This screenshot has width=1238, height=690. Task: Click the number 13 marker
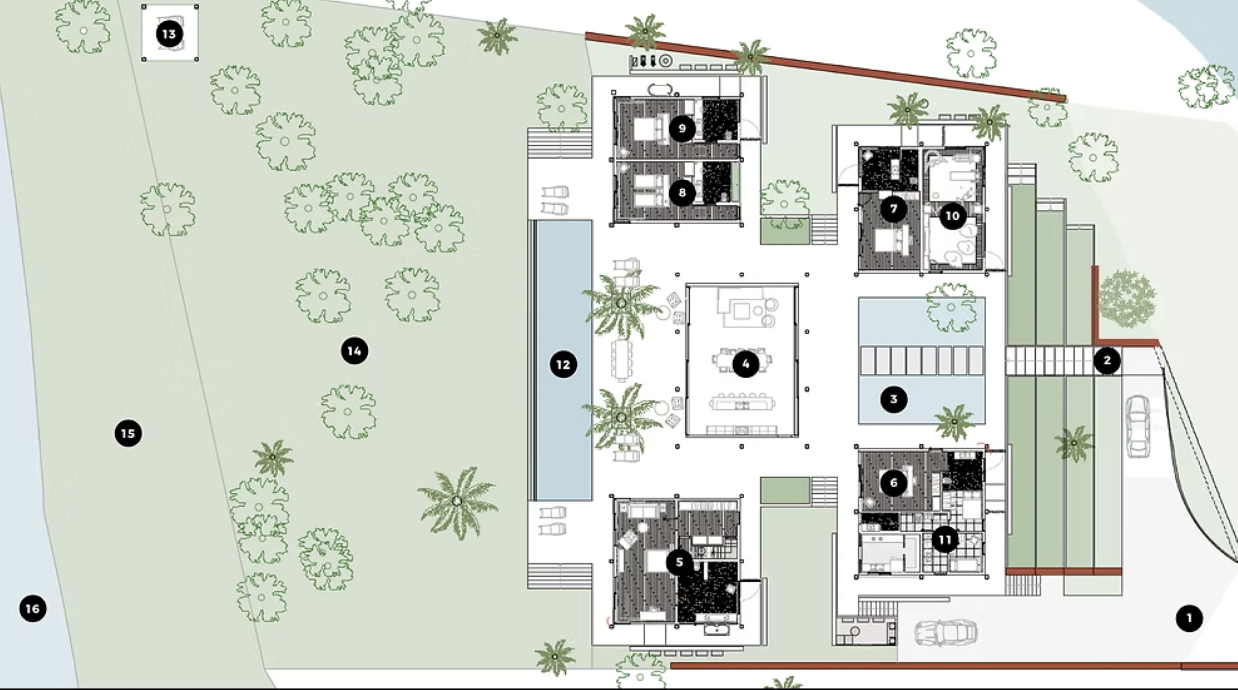pyautogui.click(x=169, y=33)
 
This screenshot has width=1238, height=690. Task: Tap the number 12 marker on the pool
pyautogui.click(x=563, y=364)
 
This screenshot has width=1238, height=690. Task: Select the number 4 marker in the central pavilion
pyautogui.click(x=745, y=364)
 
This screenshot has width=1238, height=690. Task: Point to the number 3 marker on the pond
pyautogui.click(x=893, y=399)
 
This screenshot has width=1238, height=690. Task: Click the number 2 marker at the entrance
pyautogui.click(x=1107, y=360)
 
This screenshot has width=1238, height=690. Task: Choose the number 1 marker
pyautogui.click(x=1188, y=618)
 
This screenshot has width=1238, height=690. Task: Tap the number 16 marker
pyautogui.click(x=33, y=608)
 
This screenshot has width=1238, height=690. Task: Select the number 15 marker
pyautogui.click(x=128, y=433)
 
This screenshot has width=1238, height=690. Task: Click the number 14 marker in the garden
pyautogui.click(x=354, y=351)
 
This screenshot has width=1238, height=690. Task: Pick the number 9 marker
pyautogui.click(x=682, y=129)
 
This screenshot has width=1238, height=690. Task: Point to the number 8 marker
pyautogui.click(x=682, y=192)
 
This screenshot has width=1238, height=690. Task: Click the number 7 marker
pyautogui.click(x=893, y=209)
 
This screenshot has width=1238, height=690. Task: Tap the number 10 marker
pyautogui.click(x=952, y=216)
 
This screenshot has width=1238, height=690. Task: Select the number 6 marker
pyautogui.click(x=893, y=483)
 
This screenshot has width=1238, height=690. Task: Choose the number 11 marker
pyautogui.click(x=945, y=540)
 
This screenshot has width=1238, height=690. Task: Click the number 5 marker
pyautogui.click(x=680, y=562)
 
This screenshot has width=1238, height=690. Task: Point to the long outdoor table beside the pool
pyautogui.click(x=622, y=361)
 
